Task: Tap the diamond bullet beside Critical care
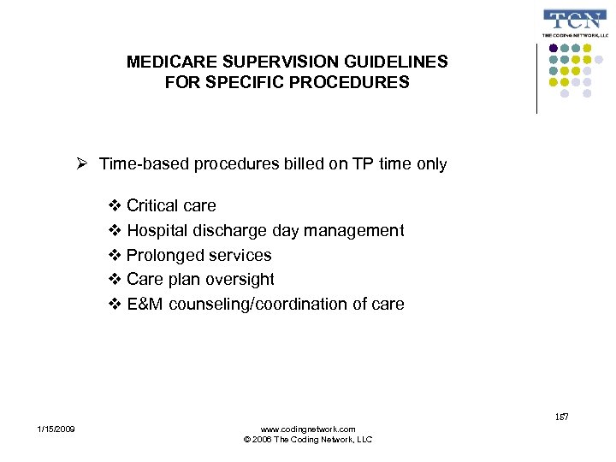[x=116, y=205]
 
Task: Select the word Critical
[x=153, y=205]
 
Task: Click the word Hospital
[x=158, y=230]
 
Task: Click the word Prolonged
[x=163, y=255]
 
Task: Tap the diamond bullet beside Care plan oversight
[x=116, y=280]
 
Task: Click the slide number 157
[x=561, y=417]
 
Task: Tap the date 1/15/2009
[x=56, y=429]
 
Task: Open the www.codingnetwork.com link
[x=307, y=429]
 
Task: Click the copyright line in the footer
[x=307, y=440]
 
